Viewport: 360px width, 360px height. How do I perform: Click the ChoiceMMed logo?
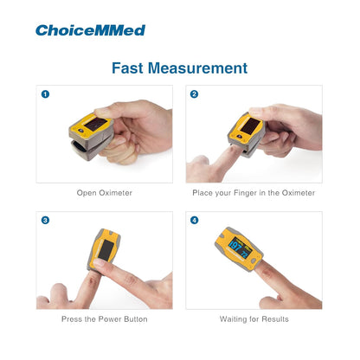click(90, 30)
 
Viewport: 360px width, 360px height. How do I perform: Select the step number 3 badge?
click(45, 220)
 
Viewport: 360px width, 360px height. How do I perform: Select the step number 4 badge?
click(194, 220)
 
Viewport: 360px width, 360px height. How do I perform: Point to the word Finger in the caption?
click(245, 193)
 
